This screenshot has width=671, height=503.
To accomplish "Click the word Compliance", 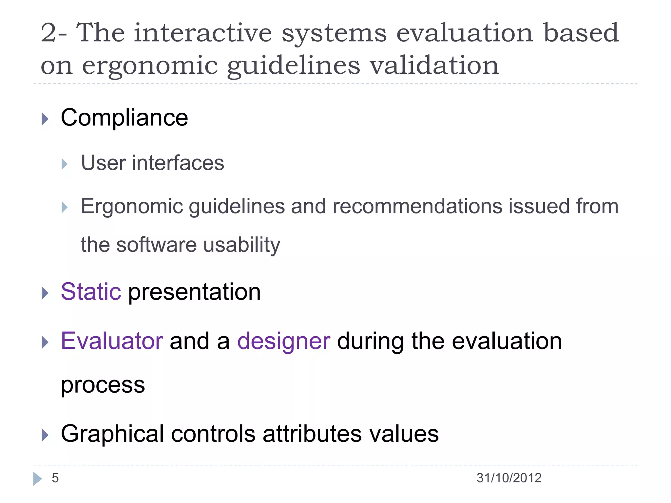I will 124,118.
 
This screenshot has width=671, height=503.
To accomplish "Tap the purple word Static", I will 91,291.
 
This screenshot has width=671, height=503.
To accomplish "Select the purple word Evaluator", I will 112,341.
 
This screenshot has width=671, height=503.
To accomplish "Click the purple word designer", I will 283,341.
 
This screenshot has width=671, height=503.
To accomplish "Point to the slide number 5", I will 55,478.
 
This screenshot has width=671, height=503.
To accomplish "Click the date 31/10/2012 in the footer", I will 509,478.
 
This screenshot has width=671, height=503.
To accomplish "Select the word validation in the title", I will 434,65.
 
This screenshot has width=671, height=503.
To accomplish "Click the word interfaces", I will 178,163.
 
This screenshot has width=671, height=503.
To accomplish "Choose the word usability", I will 241,245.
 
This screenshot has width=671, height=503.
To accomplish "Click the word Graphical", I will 112,434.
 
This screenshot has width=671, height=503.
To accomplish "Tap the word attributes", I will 312,434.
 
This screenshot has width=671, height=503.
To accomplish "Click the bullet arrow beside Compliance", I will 45,119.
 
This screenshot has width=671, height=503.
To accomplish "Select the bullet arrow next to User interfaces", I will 65,164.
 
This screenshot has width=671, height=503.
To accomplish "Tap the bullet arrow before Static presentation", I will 45,293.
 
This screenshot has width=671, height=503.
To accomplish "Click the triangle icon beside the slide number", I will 37,479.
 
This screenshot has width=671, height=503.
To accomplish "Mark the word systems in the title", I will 334,33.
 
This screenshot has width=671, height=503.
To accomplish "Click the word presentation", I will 194,291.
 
